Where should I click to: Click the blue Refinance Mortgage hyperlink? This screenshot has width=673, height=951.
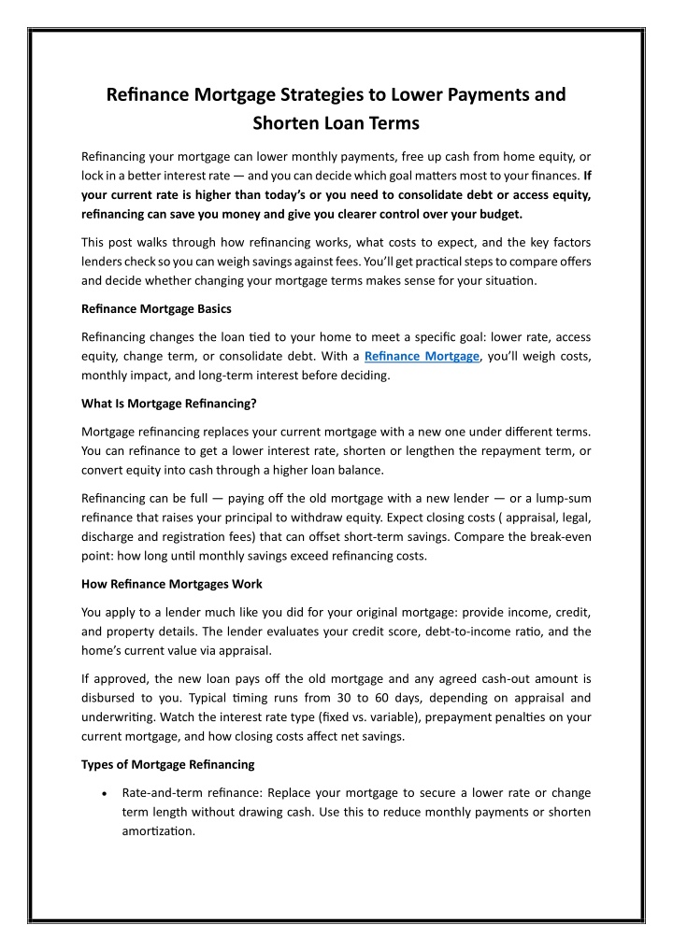[421, 356]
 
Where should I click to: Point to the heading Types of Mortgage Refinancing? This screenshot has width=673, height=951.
[167, 765]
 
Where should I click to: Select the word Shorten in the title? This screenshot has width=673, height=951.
[288, 122]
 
